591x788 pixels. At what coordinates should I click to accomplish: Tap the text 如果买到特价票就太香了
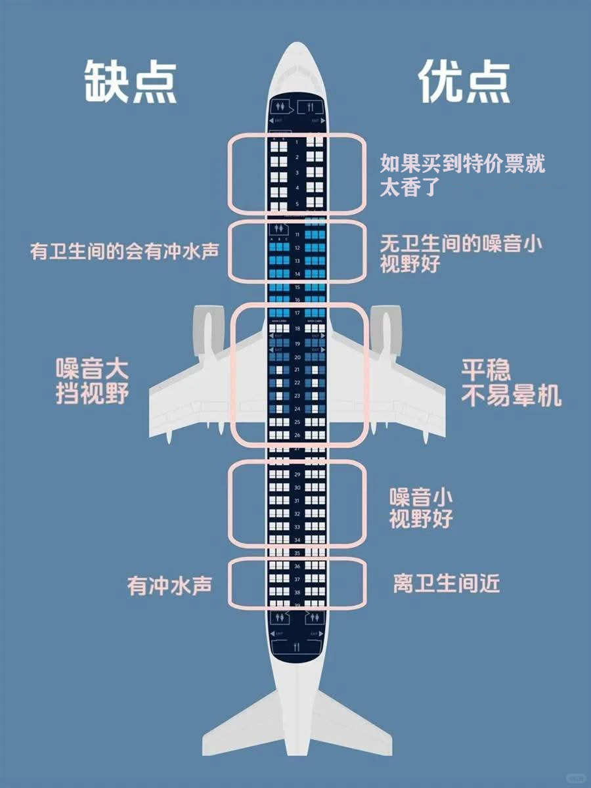[462, 176]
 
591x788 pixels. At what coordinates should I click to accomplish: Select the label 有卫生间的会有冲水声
[125, 252]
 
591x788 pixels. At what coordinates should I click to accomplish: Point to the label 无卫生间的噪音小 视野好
[462, 253]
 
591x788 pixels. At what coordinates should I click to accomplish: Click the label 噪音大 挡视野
[91, 382]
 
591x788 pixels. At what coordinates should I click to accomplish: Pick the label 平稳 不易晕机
[511, 383]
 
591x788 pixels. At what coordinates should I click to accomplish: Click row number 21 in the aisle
[297, 370]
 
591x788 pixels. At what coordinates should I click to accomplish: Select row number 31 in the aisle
[297, 500]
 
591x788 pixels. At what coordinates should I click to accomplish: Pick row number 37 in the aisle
[297, 579]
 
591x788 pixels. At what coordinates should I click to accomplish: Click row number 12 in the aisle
[297, 248]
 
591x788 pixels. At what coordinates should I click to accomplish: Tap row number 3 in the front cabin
[297, 173]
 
